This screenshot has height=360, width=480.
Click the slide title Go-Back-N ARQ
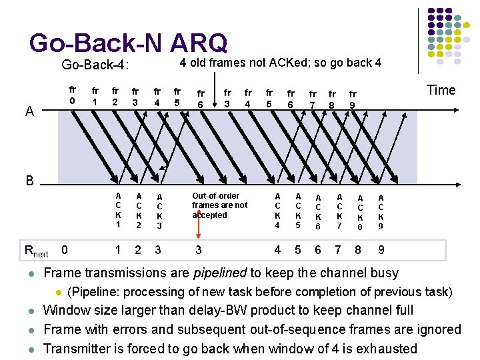(x=128, y=43)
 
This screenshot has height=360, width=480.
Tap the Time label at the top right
(x=441, y=90)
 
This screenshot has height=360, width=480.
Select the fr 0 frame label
(x=73, y=95)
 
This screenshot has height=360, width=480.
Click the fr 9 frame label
(x=353, y=99)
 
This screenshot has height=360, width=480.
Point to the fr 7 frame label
(x=313, y=99)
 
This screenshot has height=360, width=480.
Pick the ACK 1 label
(x=118, y=211)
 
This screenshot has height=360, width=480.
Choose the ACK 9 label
(x=381, y=211)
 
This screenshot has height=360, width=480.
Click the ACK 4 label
(x=277, y=211)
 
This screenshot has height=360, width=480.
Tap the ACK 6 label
(x=318, y=211)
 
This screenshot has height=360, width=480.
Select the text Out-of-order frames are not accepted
(x=219, y=205)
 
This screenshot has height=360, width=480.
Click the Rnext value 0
(x=64, y=250)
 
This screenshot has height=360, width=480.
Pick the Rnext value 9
(x=381, y=251)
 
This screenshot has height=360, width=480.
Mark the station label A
(x=29, y=112)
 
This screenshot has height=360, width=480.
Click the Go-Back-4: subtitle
(x=95, y=65)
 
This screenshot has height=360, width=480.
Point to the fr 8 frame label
(x=333, y=99)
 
